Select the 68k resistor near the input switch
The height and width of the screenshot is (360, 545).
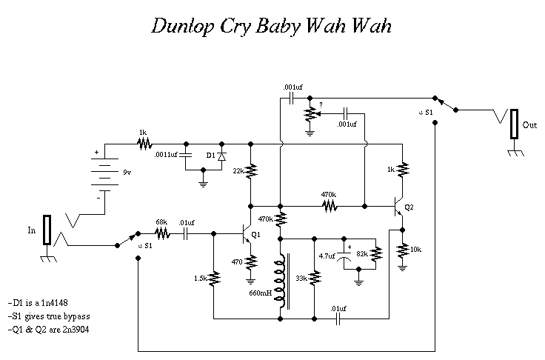click(161, 233)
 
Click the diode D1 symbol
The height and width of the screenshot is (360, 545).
click(221, 156)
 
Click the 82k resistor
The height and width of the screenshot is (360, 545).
click(375, 254)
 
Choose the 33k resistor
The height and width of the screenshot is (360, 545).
click(315, 279)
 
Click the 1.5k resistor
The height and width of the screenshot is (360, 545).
click(215, 279)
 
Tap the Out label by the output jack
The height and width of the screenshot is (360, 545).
click(529, 125)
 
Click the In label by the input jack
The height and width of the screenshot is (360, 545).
click(31, 230)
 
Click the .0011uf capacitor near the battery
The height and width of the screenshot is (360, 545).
click(186, 156)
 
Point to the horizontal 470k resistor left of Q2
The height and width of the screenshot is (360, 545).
click(327, 204)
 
